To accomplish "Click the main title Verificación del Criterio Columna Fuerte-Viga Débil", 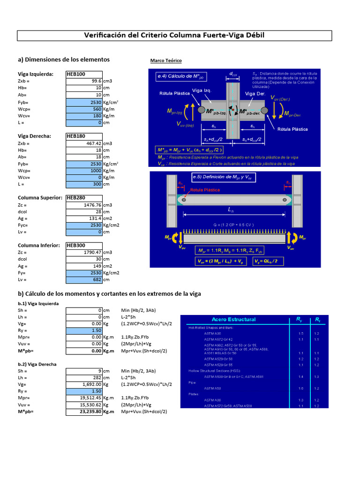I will (174, 36).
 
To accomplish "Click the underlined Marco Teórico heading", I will (165, 61).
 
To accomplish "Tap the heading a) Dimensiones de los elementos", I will (64, 60).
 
